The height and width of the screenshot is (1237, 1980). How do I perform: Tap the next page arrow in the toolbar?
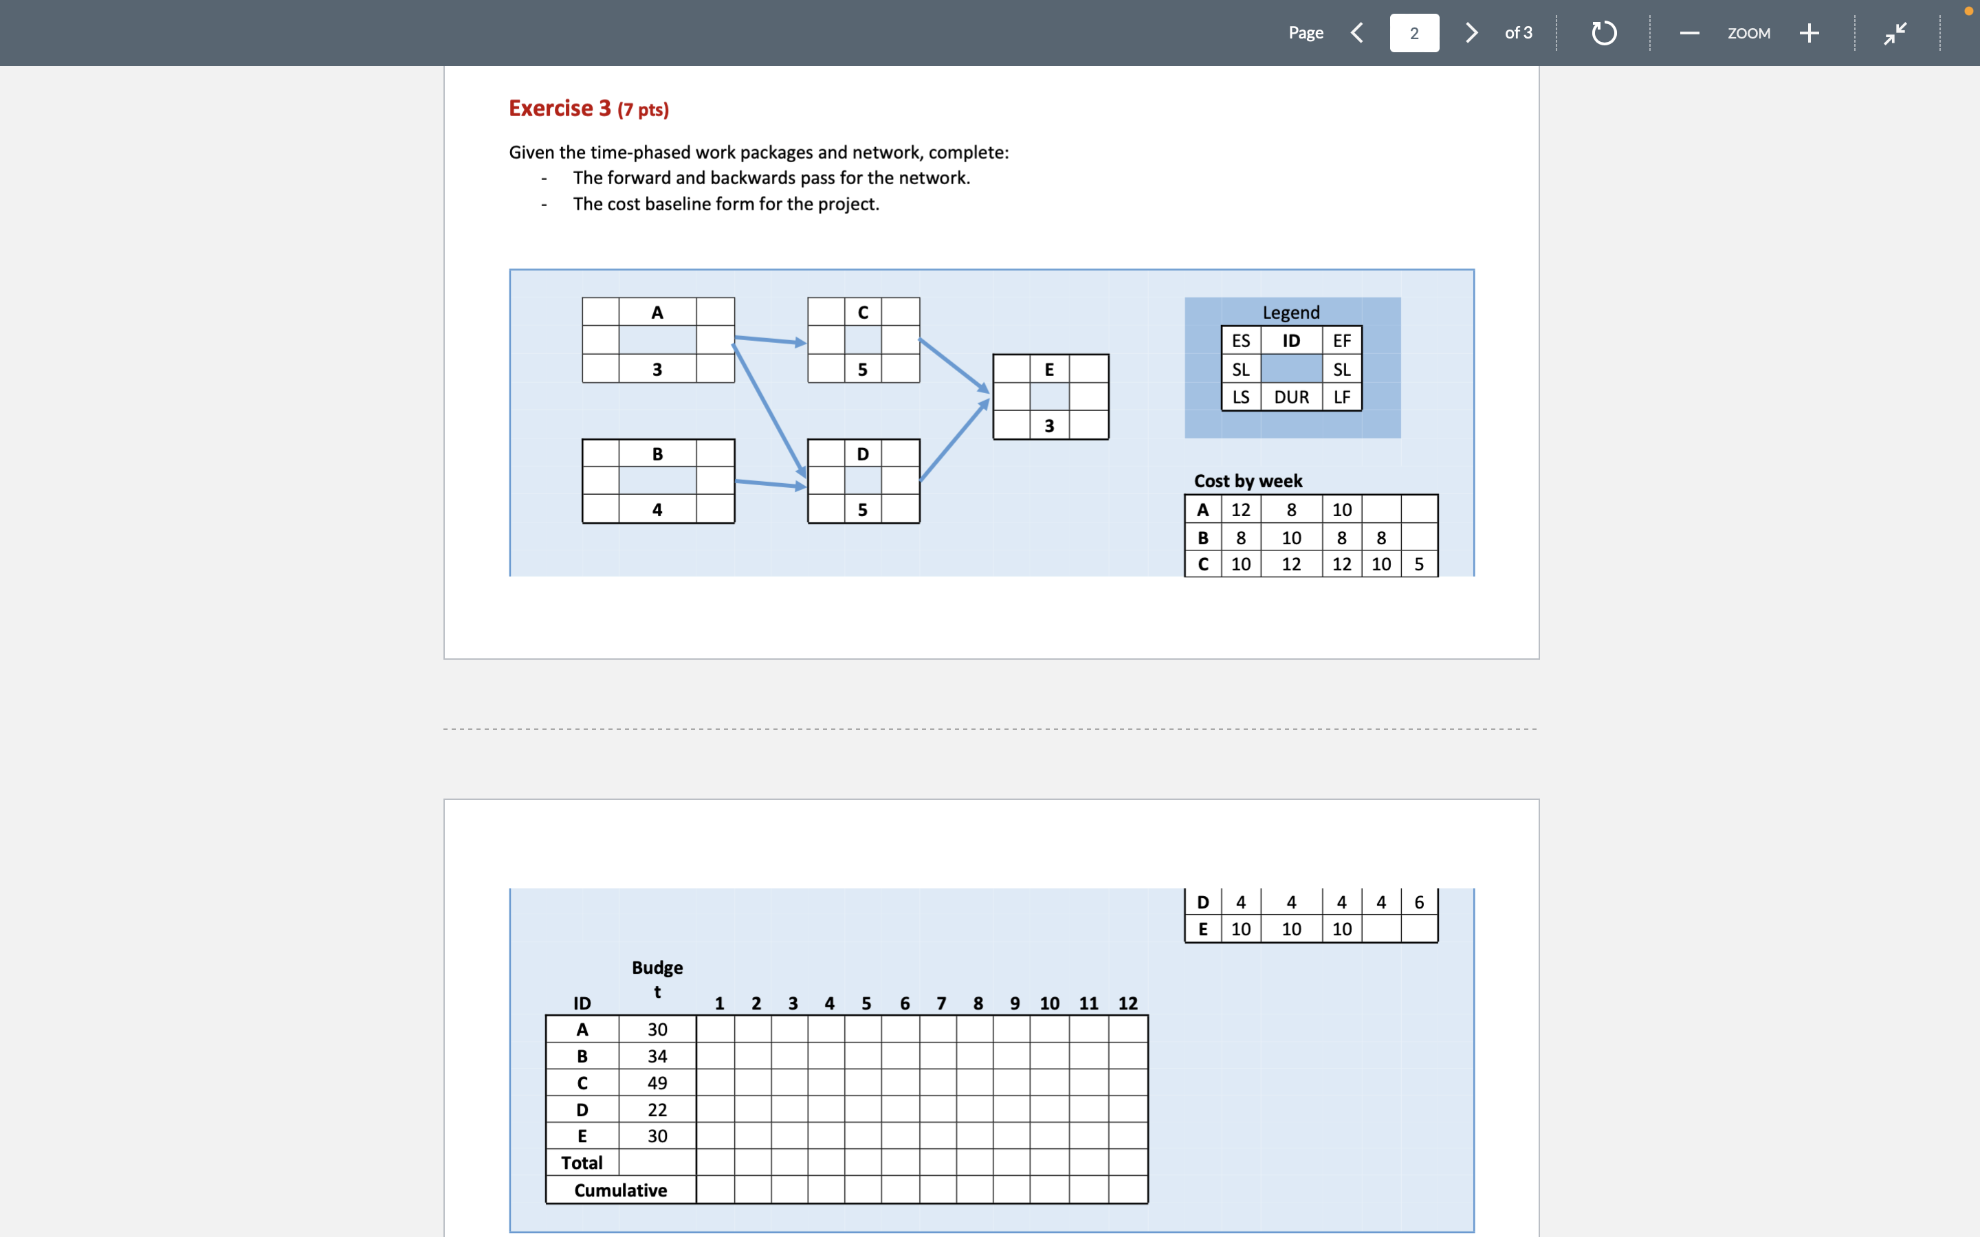[1471, 33]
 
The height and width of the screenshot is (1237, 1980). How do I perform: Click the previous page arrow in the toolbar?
[1357, 33]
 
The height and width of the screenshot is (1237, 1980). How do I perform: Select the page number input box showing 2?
[1413, 33]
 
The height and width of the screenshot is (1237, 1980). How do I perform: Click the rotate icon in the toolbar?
[1604, 33]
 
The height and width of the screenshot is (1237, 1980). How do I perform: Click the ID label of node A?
[657, 313]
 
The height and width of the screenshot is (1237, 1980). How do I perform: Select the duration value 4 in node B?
[657, 510]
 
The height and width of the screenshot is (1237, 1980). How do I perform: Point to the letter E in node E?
[1049, 370]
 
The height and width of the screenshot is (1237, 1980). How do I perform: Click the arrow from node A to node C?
[770, 340]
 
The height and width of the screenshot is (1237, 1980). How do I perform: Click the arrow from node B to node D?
[770, 484]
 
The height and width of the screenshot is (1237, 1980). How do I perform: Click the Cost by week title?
[1248, 481]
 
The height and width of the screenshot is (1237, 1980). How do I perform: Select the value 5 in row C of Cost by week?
[1419, 564]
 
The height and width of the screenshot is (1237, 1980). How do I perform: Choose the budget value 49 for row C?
[657, 1083]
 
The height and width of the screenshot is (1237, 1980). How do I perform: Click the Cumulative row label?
[620, 1190]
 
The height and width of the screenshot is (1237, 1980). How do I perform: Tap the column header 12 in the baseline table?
[1127, 1004]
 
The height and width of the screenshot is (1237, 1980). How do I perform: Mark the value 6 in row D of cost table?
[1419, 902]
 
